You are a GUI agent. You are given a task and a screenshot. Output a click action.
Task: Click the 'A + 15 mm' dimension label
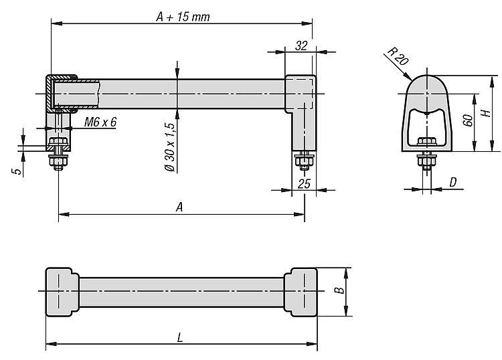183,17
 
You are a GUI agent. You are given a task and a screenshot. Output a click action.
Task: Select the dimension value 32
301,46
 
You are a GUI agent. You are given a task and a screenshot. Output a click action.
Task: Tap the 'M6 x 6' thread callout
100,122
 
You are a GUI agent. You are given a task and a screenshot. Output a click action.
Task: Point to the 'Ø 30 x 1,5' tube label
170,147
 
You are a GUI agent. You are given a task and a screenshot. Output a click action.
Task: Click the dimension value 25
304,183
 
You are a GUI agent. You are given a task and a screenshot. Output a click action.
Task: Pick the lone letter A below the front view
179,207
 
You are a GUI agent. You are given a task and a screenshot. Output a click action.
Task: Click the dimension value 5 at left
17,171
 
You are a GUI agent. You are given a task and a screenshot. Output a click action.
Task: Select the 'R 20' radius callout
398,56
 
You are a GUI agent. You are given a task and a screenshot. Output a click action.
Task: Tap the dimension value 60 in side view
468,120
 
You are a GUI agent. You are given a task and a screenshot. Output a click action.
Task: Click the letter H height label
486,113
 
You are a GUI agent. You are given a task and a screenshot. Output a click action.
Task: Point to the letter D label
452,183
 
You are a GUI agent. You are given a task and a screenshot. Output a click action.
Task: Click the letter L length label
180,337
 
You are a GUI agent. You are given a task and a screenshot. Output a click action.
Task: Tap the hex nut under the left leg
58,161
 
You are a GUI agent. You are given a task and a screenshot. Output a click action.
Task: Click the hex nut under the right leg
304,161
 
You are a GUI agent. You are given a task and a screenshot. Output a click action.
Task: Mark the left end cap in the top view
62,292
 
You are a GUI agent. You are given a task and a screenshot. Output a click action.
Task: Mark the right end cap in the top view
301,292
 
